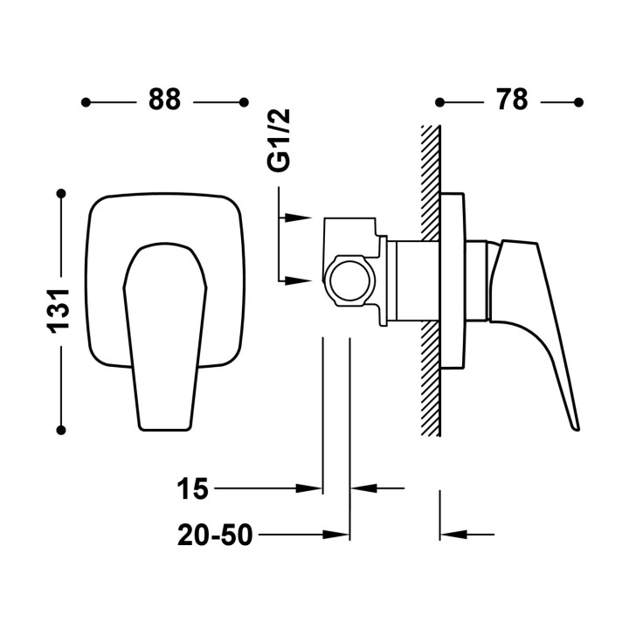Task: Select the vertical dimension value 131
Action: [59, 311]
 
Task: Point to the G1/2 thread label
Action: [278, 141]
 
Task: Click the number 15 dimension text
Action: [192, 488]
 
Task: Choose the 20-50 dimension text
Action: [215, 535]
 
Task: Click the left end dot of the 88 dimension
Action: [86, 102]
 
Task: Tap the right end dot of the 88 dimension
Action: [244, 102]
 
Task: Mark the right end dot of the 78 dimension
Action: [578, 102]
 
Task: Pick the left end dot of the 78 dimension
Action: [439, 102]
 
